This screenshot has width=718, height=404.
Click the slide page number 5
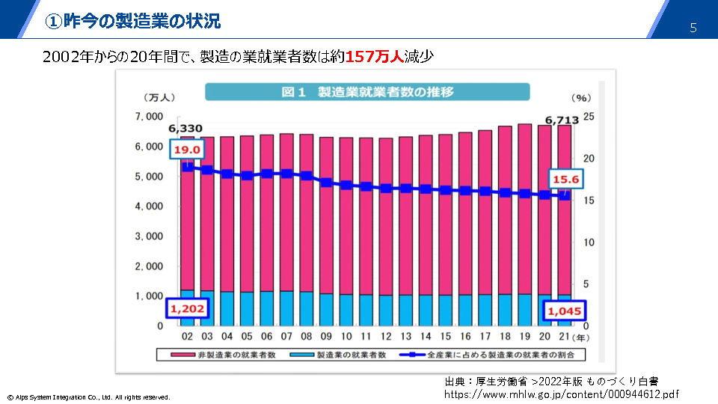[693, 28]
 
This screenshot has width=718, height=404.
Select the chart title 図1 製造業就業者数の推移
[367, 92]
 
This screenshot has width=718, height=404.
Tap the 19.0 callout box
[185, 150]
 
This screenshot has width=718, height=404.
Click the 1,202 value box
[187, 308]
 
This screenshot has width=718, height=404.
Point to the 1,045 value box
[565, 310]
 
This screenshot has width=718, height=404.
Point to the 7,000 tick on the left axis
[150, 117]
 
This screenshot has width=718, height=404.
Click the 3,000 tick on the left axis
[150, 236]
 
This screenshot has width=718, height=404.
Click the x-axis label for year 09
[326, 337]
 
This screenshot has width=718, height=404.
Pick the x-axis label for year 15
[445, 337]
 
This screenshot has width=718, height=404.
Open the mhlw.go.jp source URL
[562, 394]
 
